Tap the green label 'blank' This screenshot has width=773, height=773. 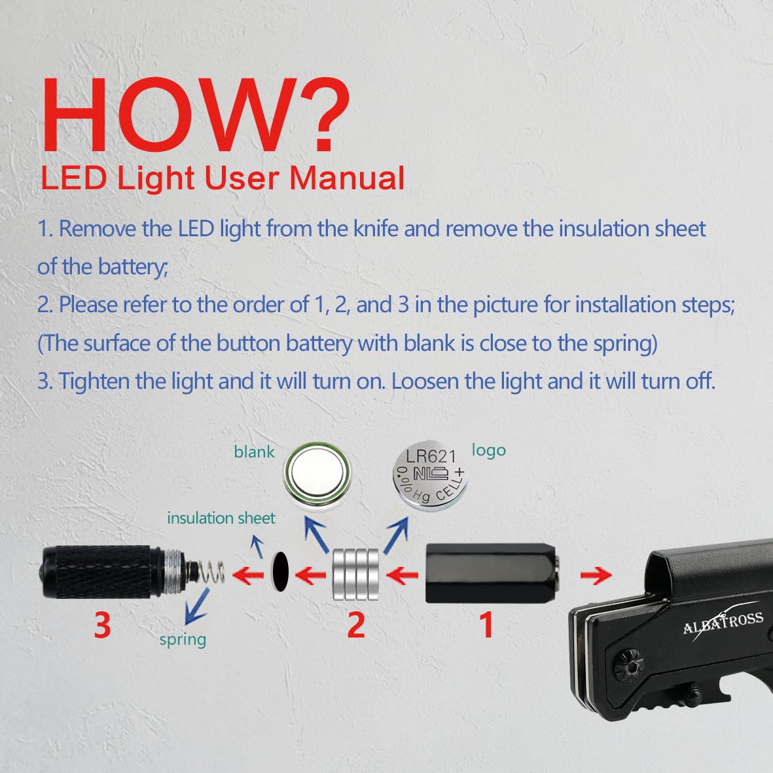coord(254,452)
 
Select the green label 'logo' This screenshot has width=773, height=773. coord(488,450)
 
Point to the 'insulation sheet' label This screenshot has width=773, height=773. coord(221,518)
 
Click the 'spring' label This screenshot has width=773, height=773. coord(183,640)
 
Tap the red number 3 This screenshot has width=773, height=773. coord(103,625)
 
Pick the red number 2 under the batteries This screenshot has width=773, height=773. coord(356,625)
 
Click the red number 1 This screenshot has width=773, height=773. coord(486,625)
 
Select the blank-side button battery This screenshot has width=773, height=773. coord(317,475)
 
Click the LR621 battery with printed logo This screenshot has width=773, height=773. coord(430,475)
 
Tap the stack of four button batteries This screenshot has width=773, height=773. coord(355,574)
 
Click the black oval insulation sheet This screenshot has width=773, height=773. coord(280,572)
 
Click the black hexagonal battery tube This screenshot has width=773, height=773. coord(492,573)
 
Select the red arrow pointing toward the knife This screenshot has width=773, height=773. coord(596,575)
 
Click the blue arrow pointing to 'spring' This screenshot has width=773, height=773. coord(196,606)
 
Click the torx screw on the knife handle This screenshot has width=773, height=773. coord(629,665)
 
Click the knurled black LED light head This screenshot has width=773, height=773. coord(101,572)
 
